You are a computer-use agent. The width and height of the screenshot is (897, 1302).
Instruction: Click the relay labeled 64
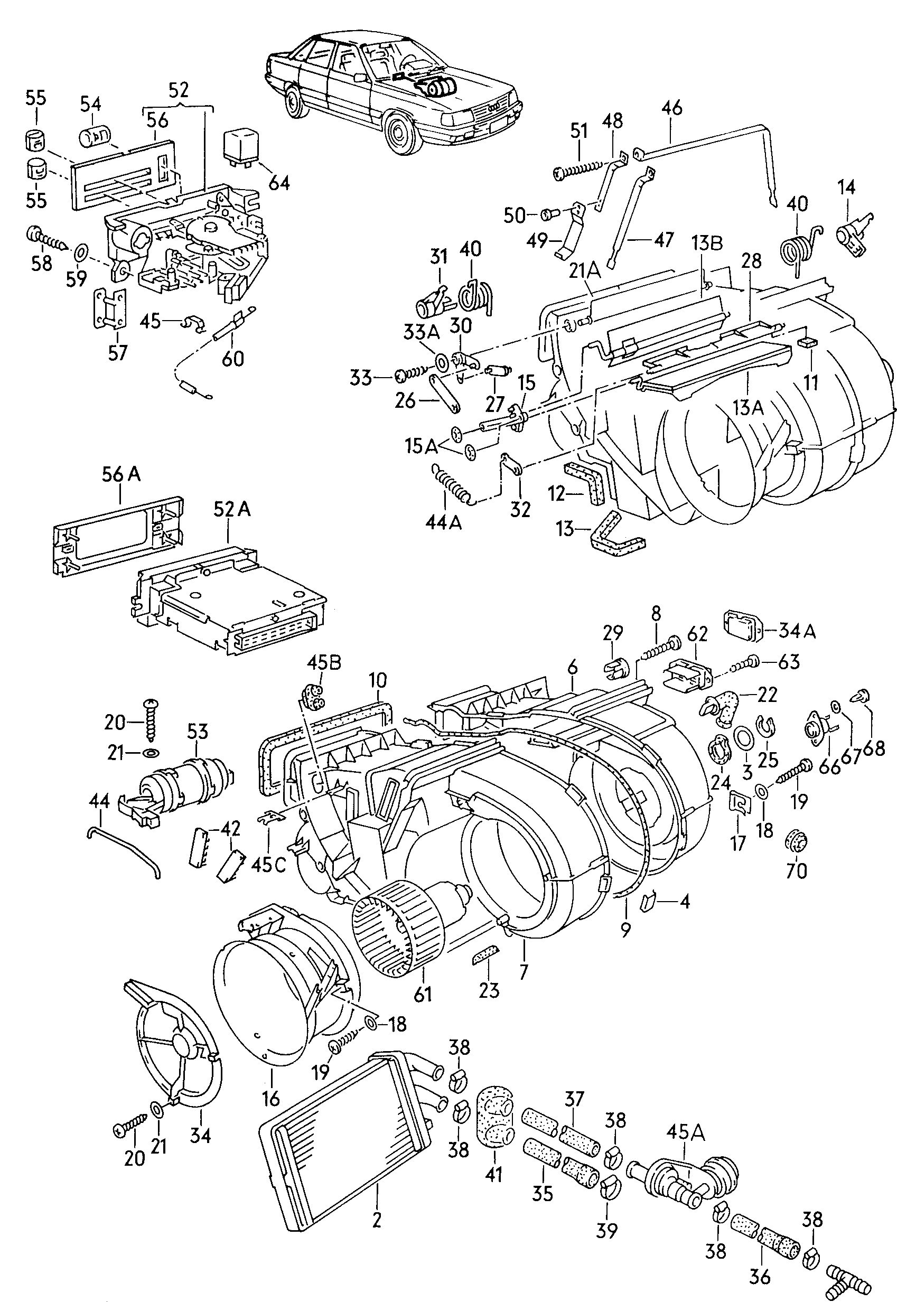click(x=241, y=147)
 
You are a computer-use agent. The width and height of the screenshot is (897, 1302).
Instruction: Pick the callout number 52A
click(x=231, y=509)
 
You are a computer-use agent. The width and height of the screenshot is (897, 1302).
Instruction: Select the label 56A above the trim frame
click(x=122, y=475)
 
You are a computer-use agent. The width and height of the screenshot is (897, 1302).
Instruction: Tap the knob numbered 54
click(x=96, y=137)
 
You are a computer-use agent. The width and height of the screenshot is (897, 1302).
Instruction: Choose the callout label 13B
click(x=707, y=243)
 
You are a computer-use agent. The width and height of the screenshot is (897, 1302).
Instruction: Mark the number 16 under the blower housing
click(x=271, y=1098)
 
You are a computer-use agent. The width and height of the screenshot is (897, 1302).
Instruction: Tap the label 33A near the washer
click(x=422, y=333)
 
